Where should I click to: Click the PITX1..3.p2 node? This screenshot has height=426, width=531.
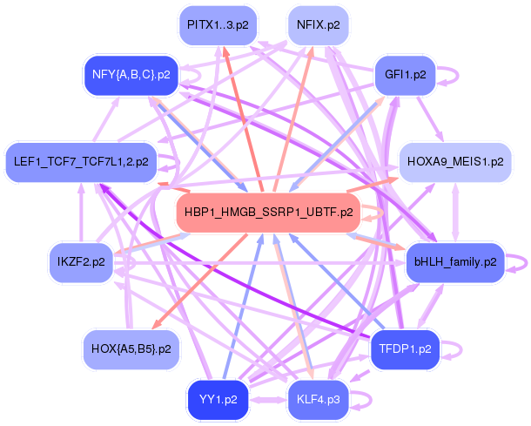[x=217, y=25]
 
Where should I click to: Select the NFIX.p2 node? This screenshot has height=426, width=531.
[x=318, y=25]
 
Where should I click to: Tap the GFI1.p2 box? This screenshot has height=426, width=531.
[x=405, y=75]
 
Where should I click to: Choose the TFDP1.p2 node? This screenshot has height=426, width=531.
[x=405, y=348]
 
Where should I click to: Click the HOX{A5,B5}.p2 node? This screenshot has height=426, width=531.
[x=131, y=348]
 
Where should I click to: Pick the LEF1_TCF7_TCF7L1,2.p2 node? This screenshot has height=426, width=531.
[x=81, y=161]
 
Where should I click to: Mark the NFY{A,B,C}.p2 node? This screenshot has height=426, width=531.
[x=131, y=75]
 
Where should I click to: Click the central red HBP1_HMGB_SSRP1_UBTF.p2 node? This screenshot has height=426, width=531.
[x=268, y=212]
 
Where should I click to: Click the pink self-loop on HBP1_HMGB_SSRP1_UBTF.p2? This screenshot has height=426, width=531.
[x=377, y=213]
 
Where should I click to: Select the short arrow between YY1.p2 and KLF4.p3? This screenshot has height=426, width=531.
[x=268, y=399]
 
